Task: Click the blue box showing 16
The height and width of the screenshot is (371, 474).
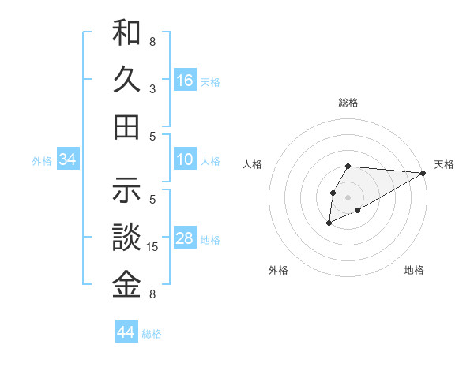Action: (185, 80)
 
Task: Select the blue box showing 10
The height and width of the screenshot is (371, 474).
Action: (185, 159)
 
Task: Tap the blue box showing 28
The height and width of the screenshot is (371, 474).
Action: (185, 238)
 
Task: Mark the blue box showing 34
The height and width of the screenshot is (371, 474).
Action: (68, 160)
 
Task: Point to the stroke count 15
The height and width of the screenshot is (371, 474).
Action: (153, 247)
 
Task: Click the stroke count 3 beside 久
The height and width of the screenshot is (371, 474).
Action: (152, 88)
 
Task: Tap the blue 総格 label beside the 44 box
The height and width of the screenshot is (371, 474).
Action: (152, 334)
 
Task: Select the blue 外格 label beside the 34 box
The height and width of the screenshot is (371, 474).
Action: (42, 161)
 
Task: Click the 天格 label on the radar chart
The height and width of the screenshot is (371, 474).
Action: (444, 164)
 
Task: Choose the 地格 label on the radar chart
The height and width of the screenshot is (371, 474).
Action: (414, 270)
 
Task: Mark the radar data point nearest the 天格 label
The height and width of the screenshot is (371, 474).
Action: (423, 173)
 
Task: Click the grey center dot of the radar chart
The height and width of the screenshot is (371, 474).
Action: (348, 197)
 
